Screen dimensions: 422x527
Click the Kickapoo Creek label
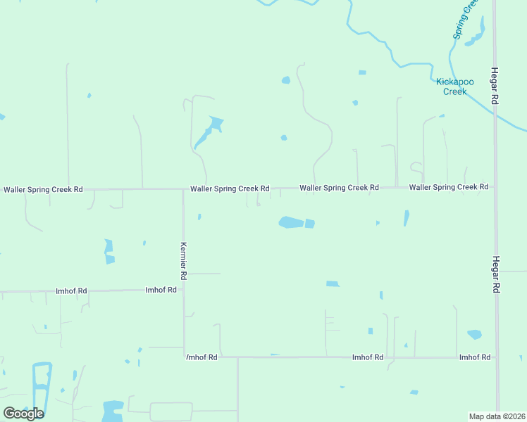point(451,87)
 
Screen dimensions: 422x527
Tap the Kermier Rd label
point(182,261)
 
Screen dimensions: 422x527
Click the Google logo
point(23,414)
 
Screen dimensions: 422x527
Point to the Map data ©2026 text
point(497,416)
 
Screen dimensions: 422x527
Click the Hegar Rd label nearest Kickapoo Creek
point(495,87)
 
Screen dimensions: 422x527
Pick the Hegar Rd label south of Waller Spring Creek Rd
point(496,274)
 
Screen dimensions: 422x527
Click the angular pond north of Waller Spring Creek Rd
point(210,130)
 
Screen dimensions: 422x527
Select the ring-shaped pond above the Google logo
point(42,383)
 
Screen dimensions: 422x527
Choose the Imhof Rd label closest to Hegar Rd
point(474,357)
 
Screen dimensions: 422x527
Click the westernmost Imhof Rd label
point(71,290)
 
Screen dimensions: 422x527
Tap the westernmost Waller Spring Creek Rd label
point(43,189)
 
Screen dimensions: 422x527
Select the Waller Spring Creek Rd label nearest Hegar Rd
point(448,187)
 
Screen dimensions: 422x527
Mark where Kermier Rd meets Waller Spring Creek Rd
point(183,189)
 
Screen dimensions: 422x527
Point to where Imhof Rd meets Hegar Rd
point(497,357)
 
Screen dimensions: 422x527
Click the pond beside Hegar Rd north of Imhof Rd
point(474,335)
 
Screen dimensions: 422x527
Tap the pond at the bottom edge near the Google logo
point(113,411)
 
